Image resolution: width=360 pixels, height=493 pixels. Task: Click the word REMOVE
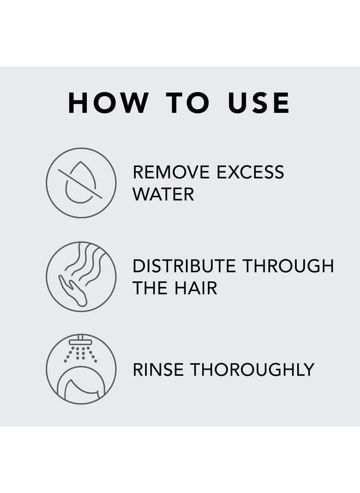tap(171, 172)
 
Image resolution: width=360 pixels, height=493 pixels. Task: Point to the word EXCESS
tap(250, 172)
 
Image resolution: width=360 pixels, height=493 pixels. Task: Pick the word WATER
tap(163, 194)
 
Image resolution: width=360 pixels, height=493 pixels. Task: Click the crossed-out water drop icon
tap(81, 183)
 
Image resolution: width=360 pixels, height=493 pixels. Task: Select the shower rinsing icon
tap(81, 369)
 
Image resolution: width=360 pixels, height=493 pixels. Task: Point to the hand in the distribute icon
tap(71, 289)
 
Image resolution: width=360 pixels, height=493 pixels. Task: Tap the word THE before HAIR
tap(151, 288)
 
